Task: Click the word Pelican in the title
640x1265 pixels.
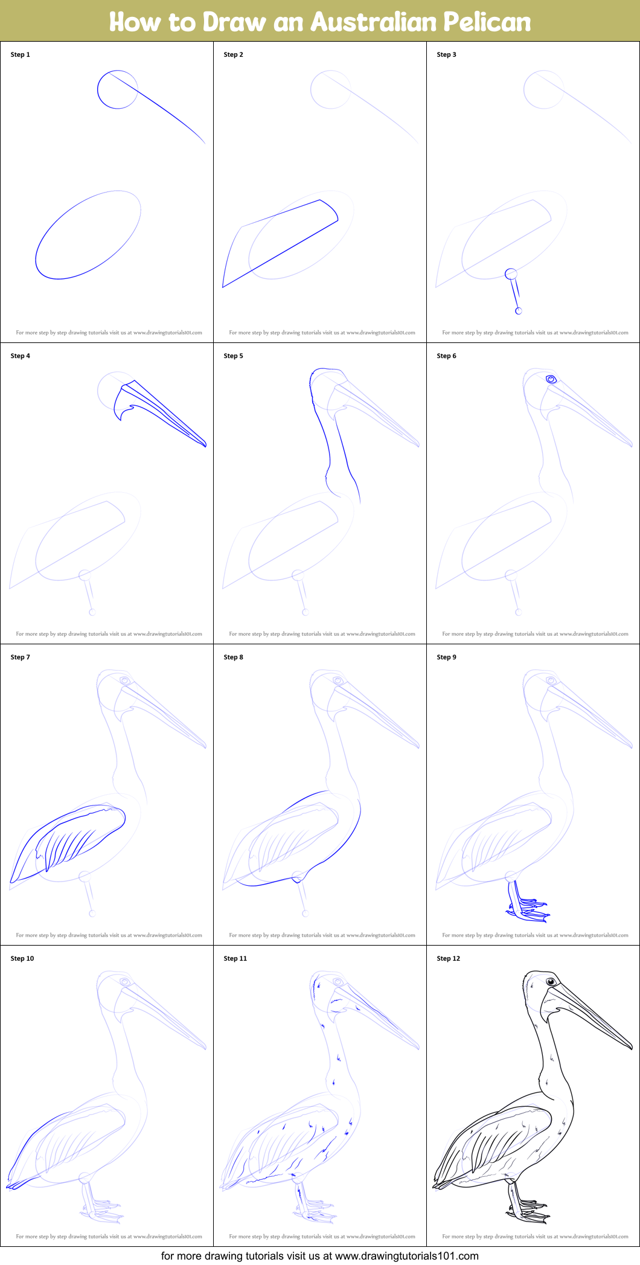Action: point(487,22)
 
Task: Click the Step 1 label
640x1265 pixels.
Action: point(20,54)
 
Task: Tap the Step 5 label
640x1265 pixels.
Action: point(233,356)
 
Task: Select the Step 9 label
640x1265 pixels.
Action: point(446,657)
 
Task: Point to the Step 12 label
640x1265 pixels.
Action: point(448,958)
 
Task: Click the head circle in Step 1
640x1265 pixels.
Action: point(118,89)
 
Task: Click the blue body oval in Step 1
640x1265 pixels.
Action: point(88,235)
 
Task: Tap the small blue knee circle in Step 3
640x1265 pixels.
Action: point(511,274)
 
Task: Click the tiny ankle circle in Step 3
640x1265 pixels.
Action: point(518,311)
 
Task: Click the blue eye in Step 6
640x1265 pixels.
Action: point(551,379)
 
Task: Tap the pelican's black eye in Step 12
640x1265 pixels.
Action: point(551,982)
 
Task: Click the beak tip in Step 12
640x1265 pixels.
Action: point(631,1048)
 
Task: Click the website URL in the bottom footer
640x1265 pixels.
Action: point(406,1256)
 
